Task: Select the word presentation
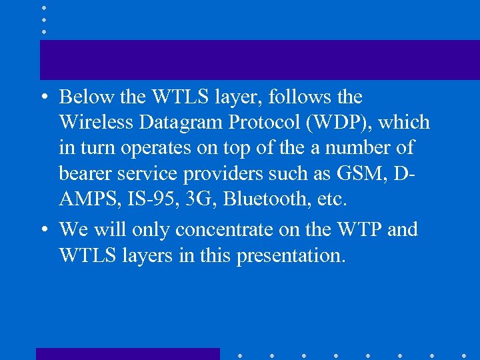(291, 256)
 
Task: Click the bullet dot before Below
(43, 97)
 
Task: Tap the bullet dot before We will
(43, 230)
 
